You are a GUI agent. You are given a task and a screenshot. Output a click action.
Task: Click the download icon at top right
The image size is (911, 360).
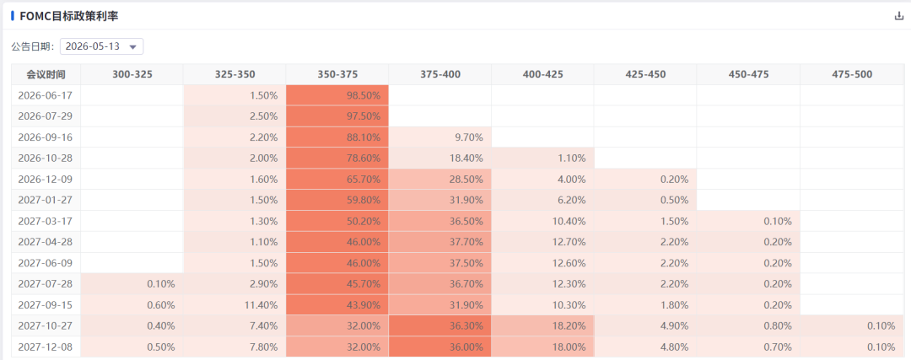pyautogui.click(x=899, y=16)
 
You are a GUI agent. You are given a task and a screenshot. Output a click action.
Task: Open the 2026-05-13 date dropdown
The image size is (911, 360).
pyautogui.click(x=102, y=46)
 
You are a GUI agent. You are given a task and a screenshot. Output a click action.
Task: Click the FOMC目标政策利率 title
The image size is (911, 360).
pyautogui.click(x=68, y=16)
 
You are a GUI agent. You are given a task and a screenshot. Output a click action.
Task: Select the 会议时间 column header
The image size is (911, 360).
pyautogui.click(x=46, y=74)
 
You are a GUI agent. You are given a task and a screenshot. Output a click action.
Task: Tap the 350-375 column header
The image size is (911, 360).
pyautogui.click(x=337, y=74)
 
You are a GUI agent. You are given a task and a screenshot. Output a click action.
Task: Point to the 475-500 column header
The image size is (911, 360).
pyautogui.click(x=852, y=74)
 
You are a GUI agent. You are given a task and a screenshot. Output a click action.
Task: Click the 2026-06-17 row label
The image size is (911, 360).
pyautogui.click(x=46, y=95)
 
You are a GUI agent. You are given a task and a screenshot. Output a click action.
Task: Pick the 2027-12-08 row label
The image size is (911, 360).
pyautogui.click(x=46, y=347)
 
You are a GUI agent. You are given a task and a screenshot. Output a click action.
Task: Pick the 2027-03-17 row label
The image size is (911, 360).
pyautogui.click(x=46, y=221)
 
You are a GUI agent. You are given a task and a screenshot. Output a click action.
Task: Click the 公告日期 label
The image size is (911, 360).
pyautogui.click(x=32, y=46)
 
